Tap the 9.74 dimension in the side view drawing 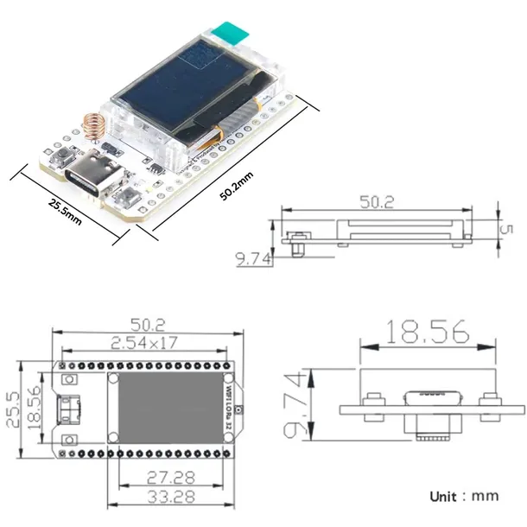[254, 257]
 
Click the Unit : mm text [464, 496]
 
